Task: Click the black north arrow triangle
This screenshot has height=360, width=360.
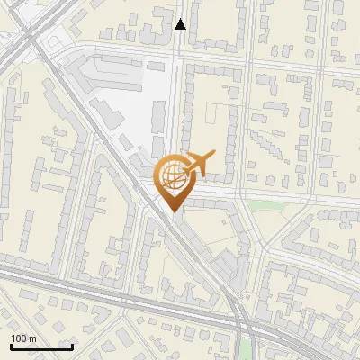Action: [x=181, y=24]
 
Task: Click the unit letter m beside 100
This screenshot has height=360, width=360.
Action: [x=32, y=338]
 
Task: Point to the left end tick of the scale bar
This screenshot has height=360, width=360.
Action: [x=11, y=346]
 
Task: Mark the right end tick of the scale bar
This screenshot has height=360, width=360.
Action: [x=72, y=346]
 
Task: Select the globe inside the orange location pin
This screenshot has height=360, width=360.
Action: [x=174, y=176]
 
